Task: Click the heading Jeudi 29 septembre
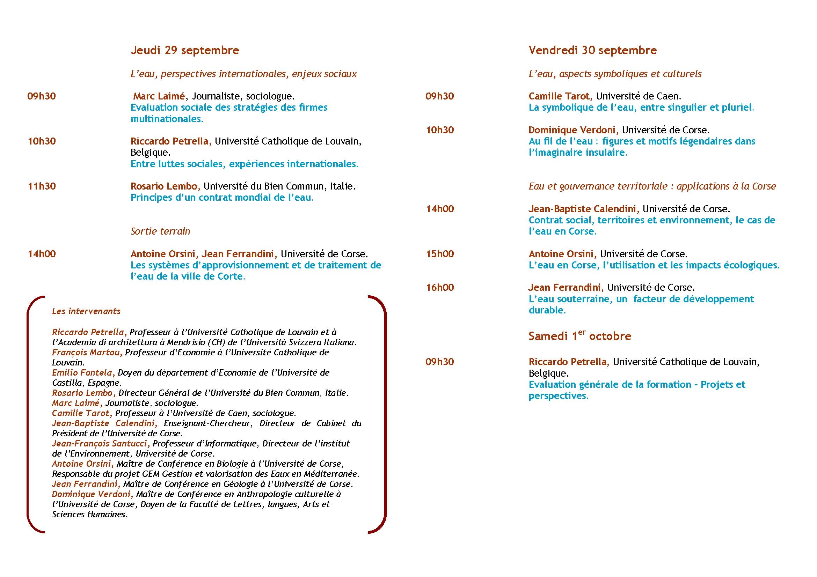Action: pos(185,50)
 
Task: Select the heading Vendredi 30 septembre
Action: pos(592,50)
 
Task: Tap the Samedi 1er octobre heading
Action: pos(580,336)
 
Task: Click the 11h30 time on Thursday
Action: pos(42,186)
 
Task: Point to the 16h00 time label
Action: pos(440,288)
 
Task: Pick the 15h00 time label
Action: pos(440,254)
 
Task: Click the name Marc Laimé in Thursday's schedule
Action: pos(159,96)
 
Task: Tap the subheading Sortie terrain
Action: pos(160,231)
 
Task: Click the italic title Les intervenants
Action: pos(87,311)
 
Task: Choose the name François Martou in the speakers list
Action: pos(87,353)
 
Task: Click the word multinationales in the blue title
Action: pos(167,119)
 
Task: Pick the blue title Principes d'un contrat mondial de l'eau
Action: pos(222,198)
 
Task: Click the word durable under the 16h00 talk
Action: pos(547,310)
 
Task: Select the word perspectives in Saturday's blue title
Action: pos(558,396)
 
